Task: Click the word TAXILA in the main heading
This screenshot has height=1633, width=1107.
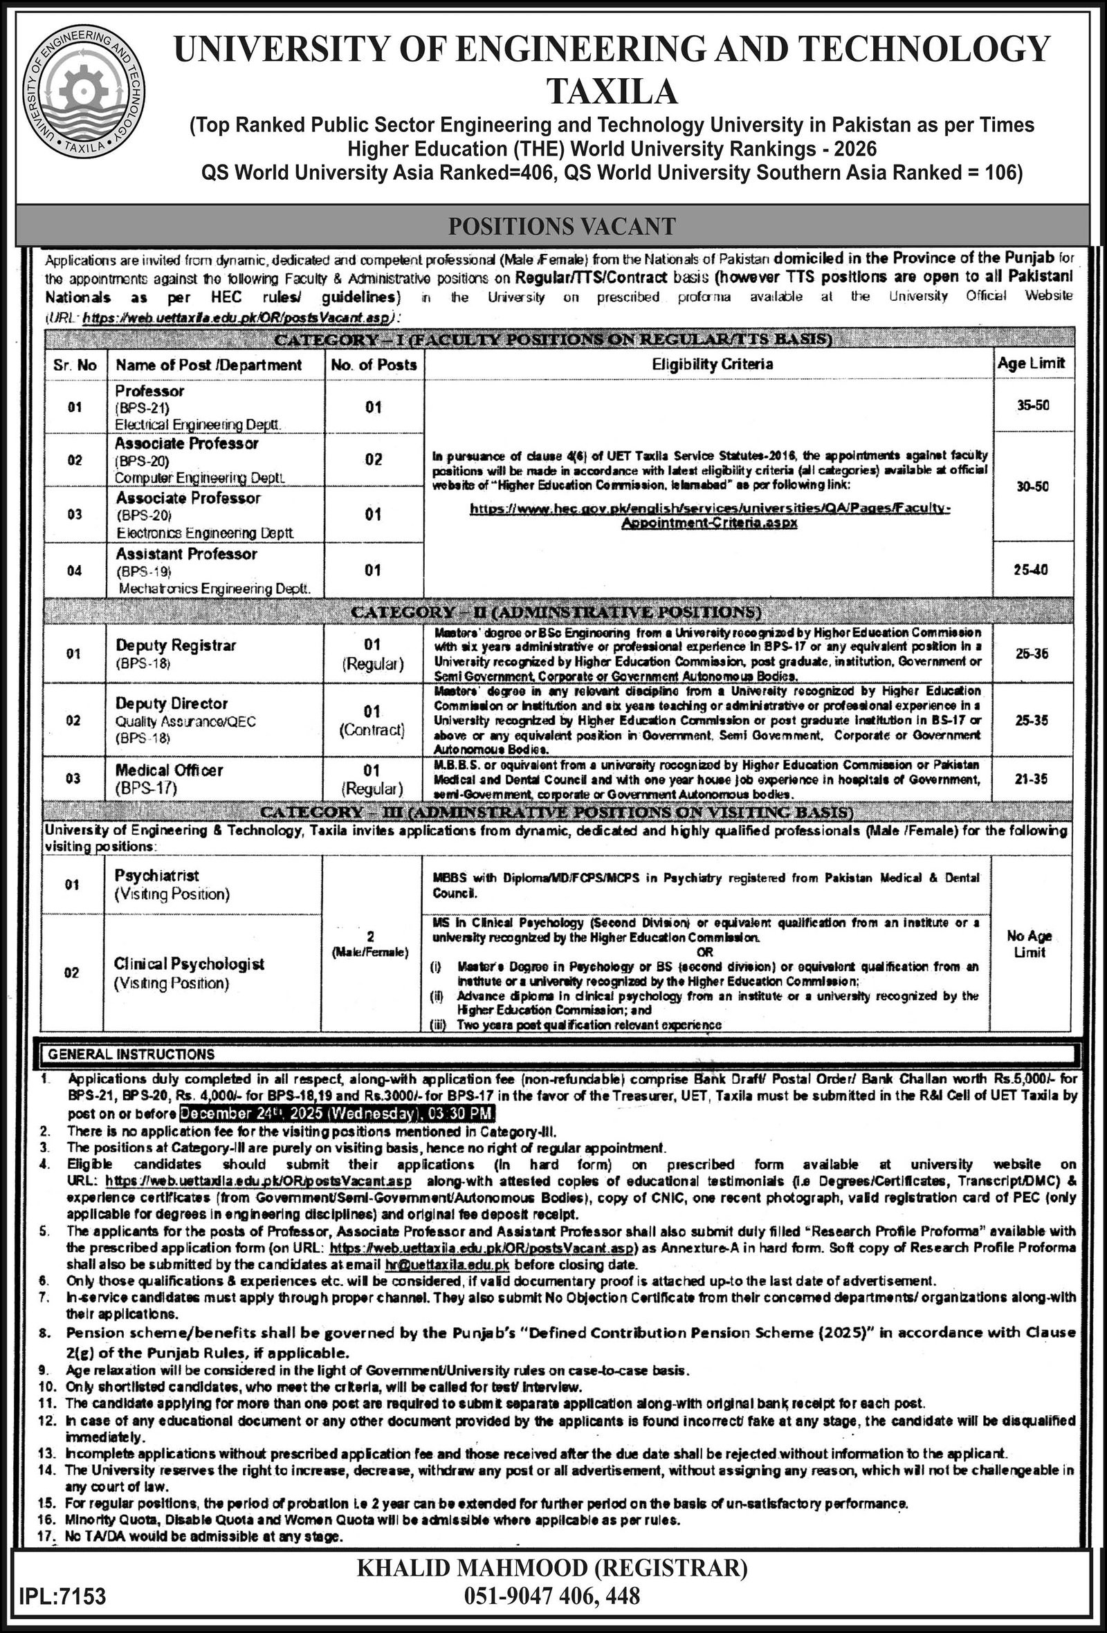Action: point(612,91)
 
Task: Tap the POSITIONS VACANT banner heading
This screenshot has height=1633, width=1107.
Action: point(562,226)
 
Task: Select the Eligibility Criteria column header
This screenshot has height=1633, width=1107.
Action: point(712,364)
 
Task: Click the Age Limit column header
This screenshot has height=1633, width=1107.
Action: point(1031,363)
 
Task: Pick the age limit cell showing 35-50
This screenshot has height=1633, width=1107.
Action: point(1032,406)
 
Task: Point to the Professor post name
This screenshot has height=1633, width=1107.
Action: point(149,391)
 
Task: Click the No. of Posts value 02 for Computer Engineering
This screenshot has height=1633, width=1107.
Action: point(373,459)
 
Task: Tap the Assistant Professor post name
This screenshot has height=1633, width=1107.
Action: point(186,555)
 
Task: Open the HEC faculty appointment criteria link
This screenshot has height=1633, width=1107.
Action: point(709,515)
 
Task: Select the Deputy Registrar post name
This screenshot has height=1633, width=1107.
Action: point(176,645)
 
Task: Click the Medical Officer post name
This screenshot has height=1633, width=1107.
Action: point(169,770)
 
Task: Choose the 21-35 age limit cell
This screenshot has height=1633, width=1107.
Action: point(1031,779)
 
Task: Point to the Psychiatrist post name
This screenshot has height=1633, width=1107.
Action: point(157,876)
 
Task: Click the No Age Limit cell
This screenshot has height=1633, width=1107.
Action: point(1029,943)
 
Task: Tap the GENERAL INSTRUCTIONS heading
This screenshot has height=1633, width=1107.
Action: point(131,1054)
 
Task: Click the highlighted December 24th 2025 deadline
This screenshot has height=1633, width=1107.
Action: point(338,1114)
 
